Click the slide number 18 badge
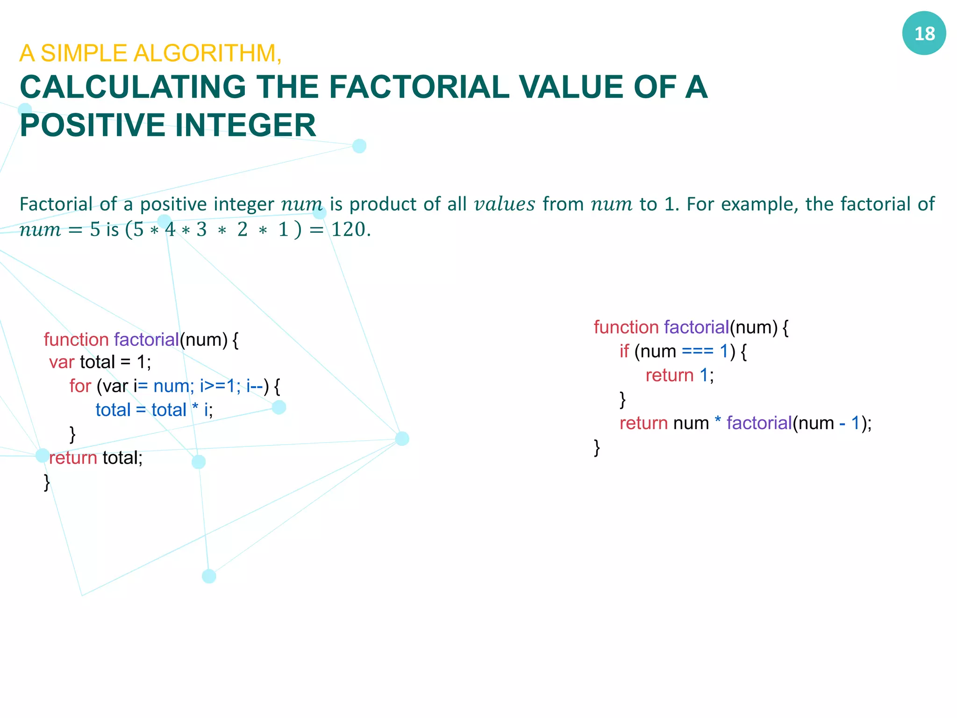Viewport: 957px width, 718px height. click(x=924, y=34)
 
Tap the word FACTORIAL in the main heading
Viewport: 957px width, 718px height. click(x=419, y=87)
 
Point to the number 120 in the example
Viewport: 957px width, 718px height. click(x=348, y=230)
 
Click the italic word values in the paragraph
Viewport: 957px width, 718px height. click(x=504, y=204)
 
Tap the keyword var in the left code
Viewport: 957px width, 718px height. click(x=62, y=362)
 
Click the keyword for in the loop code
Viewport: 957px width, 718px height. click(x=80, y=386)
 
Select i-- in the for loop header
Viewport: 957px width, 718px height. click(x=255, y=386)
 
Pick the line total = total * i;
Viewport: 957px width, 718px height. click(x=154, y=410)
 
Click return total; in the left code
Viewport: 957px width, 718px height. click(x=96, y=458)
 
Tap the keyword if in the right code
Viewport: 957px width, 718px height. click(x=624, y=351)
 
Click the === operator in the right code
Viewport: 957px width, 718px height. click(x=697, y=351)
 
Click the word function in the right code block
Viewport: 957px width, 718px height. click(x=626, y=327)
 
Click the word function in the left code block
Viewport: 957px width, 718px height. click(x=76, y=340)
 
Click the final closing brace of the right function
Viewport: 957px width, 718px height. click(x=597, y=447)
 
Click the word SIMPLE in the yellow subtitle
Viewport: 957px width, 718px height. click(x=84, y=53)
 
